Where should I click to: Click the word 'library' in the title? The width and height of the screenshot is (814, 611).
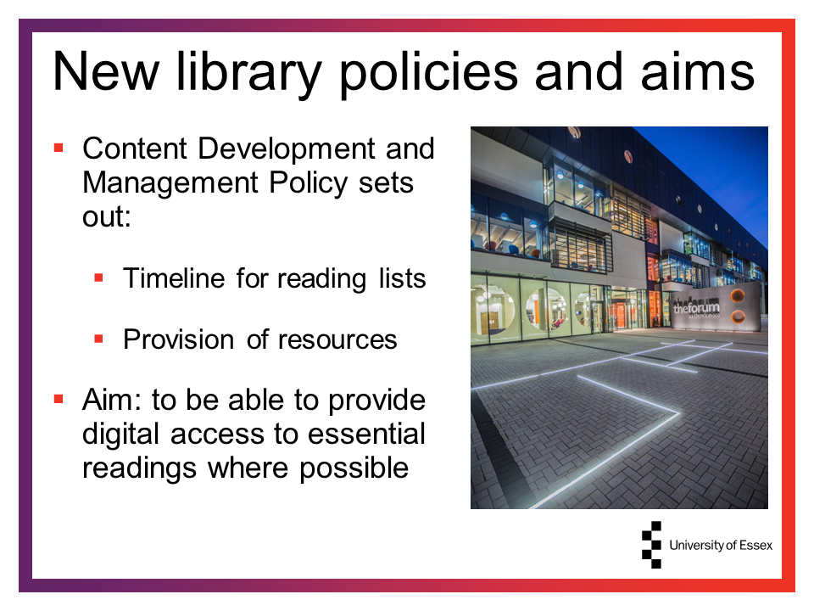pos(249,73)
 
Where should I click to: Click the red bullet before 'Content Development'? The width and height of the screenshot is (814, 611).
pos(59,149)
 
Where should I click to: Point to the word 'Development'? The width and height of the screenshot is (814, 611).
pos(286,149)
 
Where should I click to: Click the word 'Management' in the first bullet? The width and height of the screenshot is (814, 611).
pos(170,182)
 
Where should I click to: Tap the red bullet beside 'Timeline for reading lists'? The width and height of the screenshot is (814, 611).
pos(98,278)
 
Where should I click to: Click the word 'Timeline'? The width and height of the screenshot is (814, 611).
pos(173,278)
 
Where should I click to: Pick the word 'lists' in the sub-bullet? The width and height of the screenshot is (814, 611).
pos(402,278)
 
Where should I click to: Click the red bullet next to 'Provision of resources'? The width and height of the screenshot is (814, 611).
pos(98,339)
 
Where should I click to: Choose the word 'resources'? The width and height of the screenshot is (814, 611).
pos(337,339)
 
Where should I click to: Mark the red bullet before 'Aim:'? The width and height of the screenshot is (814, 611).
pos(59,400)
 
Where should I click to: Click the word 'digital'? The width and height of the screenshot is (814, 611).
pos(120,434)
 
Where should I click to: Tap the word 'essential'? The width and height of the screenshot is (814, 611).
pos(366,434)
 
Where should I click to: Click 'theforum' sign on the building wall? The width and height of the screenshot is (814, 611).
pos(696,307)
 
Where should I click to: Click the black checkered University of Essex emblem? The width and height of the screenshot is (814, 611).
pos(652,545)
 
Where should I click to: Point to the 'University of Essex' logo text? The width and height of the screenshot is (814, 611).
pos(721,545)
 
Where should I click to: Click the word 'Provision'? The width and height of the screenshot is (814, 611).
pos(179,339)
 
